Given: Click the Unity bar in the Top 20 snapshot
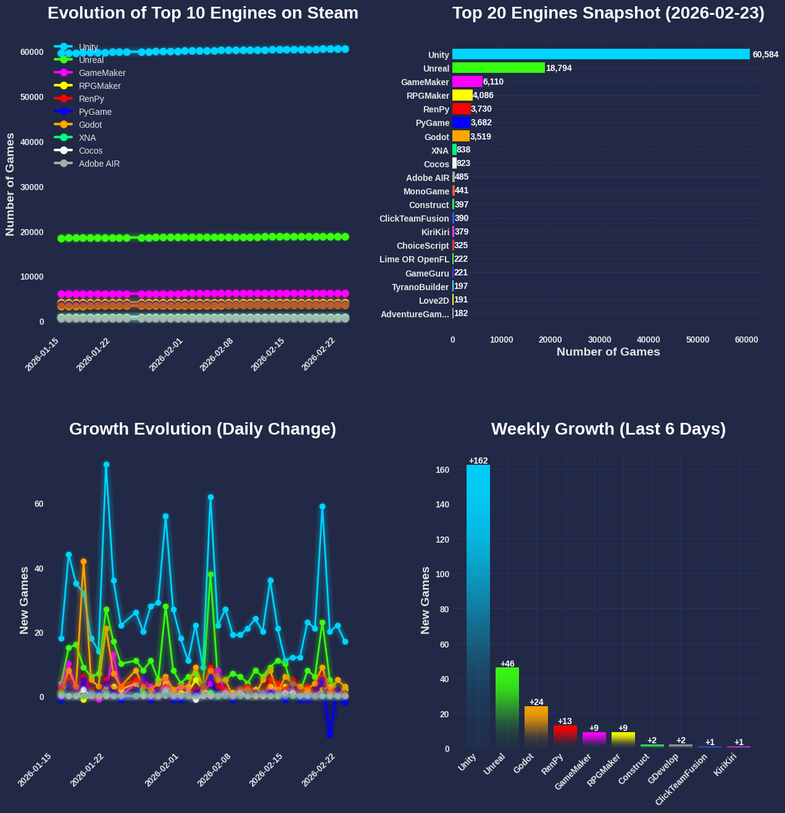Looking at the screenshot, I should tap(600, 54).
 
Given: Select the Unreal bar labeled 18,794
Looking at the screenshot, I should tap(499, 68).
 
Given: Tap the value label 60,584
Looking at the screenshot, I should tap(765, 55).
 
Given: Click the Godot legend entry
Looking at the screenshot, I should tap(90, 125).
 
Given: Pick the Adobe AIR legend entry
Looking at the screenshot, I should tap(99, 164).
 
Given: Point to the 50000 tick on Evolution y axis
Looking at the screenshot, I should tap(32, 97).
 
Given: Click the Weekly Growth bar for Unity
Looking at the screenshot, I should tap(478, 605).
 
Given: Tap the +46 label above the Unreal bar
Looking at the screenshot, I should tap(507, 664).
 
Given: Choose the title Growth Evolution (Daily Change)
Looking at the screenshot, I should tap(202, 429).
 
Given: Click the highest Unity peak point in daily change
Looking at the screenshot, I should tap(106, 464).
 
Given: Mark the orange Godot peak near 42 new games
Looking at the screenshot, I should tap(83, 562).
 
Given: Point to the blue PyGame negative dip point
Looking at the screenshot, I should tap(330, 735).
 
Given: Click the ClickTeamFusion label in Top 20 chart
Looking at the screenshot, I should tap(414, 219).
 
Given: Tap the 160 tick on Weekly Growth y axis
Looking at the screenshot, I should tap(442, 470).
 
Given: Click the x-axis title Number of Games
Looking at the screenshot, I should tap(608, 352).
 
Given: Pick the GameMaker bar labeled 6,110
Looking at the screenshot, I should tap(467, 81).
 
